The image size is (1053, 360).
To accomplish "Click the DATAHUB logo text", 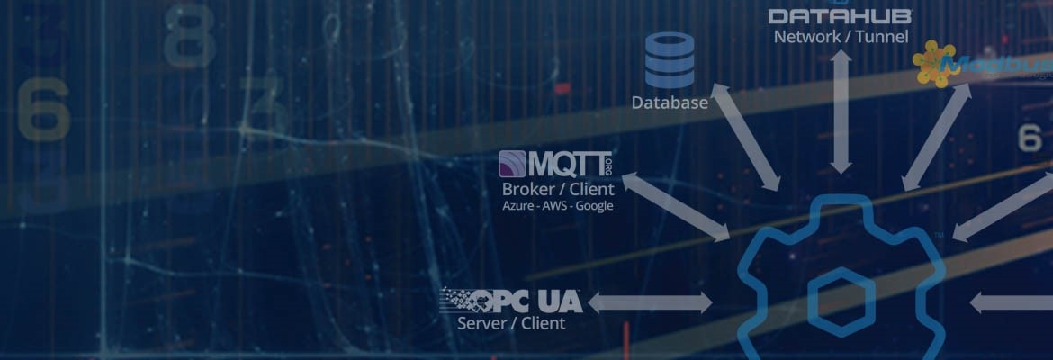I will (x=841, y=15).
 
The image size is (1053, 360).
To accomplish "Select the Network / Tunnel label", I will (x=841, y=37).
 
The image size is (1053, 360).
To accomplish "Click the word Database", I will (x=670, y=103).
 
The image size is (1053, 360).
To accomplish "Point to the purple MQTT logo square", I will (x=512, y=164).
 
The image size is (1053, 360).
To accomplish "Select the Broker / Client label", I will (x=558, y=189).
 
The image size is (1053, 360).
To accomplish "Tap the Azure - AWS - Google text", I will (x=558, y=206).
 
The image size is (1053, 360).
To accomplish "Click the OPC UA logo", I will (x=511, y=301).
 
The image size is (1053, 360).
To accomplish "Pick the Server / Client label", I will (x=511, y=323).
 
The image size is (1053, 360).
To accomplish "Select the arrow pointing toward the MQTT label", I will (x=676, y=206).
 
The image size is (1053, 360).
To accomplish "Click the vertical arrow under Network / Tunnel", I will (x=841, y=112).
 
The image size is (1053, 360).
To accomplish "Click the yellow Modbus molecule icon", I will (x=933, y=63).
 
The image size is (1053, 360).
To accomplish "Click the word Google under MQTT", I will (x=594, y=206).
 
